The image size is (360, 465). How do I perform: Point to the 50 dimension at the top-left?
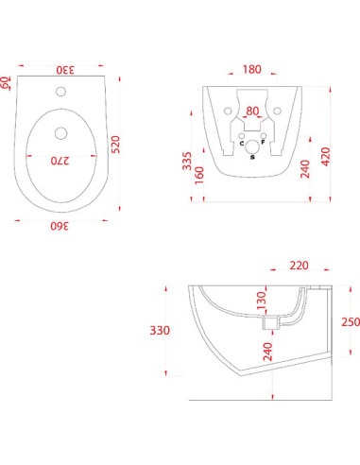pos(7,81)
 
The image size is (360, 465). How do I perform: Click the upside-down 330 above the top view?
pos(63,69)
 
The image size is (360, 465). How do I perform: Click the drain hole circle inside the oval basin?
pos(64,132)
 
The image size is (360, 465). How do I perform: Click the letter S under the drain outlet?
pos(251,157)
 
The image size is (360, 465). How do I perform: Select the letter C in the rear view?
pos(241,143)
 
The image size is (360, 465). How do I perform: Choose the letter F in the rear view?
pos(263,143)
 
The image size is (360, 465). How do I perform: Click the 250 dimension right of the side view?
pos(349,321)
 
